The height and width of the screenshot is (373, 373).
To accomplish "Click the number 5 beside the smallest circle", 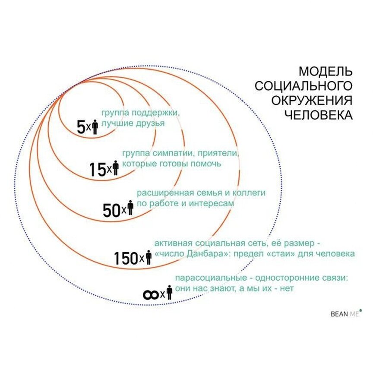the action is [81, 127].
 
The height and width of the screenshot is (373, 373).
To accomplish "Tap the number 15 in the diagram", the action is [98, 170].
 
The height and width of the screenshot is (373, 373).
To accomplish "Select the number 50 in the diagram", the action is [111, 210].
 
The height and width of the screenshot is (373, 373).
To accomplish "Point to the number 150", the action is [126, 258].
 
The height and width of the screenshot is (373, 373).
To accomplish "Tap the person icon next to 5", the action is [95, 127].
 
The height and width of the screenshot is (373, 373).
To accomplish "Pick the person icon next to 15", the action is [115, 168].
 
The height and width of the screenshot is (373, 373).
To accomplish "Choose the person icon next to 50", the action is [130, 209].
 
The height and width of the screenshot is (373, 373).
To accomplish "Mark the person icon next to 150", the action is [149, 257].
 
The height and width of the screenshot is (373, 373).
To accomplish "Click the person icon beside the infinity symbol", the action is [169, 292].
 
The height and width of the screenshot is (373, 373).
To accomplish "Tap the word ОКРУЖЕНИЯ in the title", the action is [311, 100].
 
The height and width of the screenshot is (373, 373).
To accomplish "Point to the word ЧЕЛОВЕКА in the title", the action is [318, 115].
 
